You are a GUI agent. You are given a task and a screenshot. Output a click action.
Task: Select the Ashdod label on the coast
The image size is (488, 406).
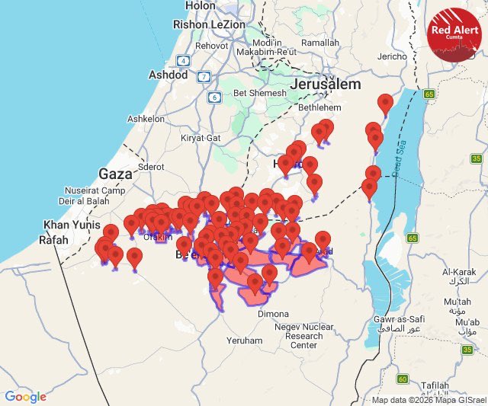tap(168, 75)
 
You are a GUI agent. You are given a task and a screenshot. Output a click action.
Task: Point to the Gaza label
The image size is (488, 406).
tap(116, 174)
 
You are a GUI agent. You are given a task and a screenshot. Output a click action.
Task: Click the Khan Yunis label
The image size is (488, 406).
tap(68, 225)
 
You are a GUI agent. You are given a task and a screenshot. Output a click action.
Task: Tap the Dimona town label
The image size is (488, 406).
tap(274, 314)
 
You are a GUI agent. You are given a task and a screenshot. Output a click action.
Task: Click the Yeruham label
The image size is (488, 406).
tap(245, 340)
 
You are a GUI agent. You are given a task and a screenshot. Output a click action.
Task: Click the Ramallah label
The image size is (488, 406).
tap(320, 43)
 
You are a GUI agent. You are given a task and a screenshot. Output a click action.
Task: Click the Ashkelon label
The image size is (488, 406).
tap(146, 120)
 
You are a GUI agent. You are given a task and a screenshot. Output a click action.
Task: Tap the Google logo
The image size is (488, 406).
tap(25, 396)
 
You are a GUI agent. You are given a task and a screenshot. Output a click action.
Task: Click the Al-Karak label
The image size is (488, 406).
tap(458, 276)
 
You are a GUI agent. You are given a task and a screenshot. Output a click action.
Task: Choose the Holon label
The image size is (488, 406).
tap(201, 5)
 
